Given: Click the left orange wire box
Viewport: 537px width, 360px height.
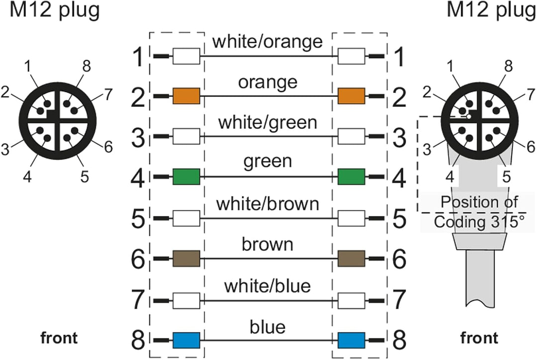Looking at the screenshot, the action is (x=186, y=96).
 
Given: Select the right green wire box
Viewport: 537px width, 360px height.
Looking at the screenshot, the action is (x=352, y=177).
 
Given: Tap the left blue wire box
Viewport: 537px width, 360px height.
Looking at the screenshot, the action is (x=186, y=340).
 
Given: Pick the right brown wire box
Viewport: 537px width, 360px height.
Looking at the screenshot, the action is (x=352, y=259).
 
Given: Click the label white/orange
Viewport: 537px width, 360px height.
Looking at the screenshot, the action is (x=268, y=41).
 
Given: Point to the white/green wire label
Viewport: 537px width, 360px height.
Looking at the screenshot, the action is (x=268, y=123).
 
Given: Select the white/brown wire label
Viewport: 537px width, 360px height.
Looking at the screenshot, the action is (x=268, y=204).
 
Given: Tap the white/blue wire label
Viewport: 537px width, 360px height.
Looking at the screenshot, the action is (x=268, y=286).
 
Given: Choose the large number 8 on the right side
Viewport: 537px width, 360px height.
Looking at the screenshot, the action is (x=399, y=340).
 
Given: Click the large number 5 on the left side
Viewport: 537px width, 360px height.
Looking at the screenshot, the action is (x=138, y=218).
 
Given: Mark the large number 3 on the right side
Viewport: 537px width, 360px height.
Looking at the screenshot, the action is (x=399, y=137).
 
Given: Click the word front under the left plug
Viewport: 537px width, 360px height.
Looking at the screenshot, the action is (x=59, y=338).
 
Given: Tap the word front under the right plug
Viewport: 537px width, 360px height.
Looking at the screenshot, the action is (x=479, y=338).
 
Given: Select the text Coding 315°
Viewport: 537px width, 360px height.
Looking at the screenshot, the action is (x=479, y=222).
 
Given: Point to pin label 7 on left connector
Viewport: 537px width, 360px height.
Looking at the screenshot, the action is (x=108, y=94).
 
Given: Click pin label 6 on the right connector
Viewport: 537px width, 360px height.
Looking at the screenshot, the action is (x=531, y=147).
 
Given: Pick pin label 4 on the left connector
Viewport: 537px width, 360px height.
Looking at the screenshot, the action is (x=27, y=177).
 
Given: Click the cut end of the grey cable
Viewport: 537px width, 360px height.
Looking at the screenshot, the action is (x=480, y=303).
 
